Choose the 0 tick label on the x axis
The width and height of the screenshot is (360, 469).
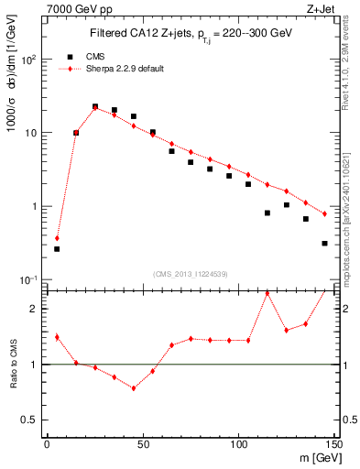pyautogui.click(x=47, y=446)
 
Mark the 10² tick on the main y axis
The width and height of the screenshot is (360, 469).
pyautogui.click(x=31, y=59)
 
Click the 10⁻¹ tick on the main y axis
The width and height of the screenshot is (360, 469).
pyautogui.click(x=31, y=279)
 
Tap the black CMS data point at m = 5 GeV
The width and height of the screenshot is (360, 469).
pyautogui.click(x=57, y=248)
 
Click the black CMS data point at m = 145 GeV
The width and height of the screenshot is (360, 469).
pyautogui.click(x=324, y=244)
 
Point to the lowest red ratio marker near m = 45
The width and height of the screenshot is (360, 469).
pyautogui.click(x=133, y=387)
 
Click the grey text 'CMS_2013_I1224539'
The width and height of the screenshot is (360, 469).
pyautogui.click(x=190, y=273)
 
